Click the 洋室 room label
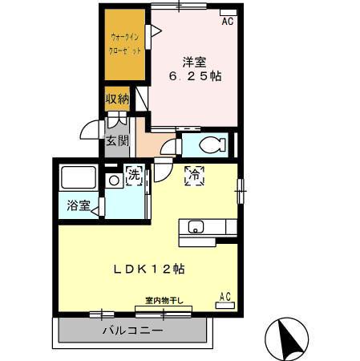194,62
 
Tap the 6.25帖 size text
194,76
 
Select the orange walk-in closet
123,45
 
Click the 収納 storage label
117,99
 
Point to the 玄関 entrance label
117,141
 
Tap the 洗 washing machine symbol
133,176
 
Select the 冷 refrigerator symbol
193,176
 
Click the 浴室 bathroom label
78,205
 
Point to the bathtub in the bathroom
79,178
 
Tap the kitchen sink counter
207,227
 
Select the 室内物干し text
164,301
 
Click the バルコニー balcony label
132,331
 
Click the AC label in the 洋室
228,22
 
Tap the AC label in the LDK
225,298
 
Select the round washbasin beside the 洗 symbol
114,180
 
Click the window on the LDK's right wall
239,193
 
